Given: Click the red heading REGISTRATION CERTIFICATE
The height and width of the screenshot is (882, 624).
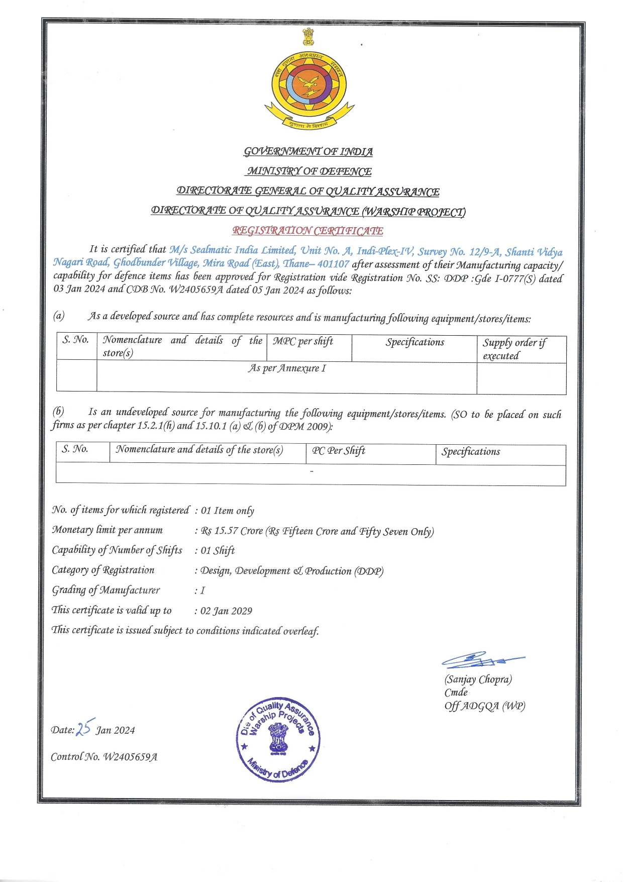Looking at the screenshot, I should [x=307, y=231].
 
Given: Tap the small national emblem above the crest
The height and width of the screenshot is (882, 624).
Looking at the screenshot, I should [x=308, y=37].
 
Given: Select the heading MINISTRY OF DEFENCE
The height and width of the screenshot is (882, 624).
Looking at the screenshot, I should [x=308, y=171].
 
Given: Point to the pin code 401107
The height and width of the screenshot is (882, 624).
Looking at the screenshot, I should [x=333, y=264].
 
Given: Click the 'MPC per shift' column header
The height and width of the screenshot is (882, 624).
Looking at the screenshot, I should [x=303, y=341].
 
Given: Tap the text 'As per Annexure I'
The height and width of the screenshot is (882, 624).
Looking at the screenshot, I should [x=287, y=368].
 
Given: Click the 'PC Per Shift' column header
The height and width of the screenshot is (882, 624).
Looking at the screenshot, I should [x=339, y=451].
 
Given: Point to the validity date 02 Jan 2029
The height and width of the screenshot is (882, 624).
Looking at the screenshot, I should [x=226, y=611].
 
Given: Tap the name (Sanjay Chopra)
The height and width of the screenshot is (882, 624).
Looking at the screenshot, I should [x=478, y=679].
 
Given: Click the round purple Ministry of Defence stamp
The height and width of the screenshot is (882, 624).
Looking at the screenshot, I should [x=278, y=739].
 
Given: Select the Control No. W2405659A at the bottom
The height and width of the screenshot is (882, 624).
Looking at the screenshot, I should [x=104, y=757].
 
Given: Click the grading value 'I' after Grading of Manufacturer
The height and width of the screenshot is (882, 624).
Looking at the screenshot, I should [x=202, y=591].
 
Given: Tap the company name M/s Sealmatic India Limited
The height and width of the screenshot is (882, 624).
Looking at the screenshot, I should [x=232, y=250].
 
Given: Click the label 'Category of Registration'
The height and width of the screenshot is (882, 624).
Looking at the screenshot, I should [x=103, y=570].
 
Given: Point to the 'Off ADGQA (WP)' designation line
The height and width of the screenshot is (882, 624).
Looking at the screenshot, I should [x=484, y=706].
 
